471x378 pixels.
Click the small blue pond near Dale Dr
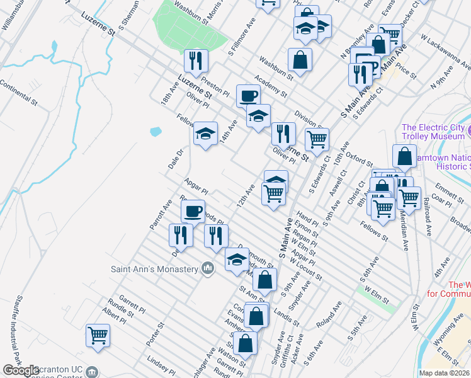155,132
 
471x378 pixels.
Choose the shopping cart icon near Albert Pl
98,334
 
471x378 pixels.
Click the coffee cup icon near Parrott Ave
193,210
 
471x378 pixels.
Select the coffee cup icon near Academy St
248,96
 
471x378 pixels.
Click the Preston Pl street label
215,89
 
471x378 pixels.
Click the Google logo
21,370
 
